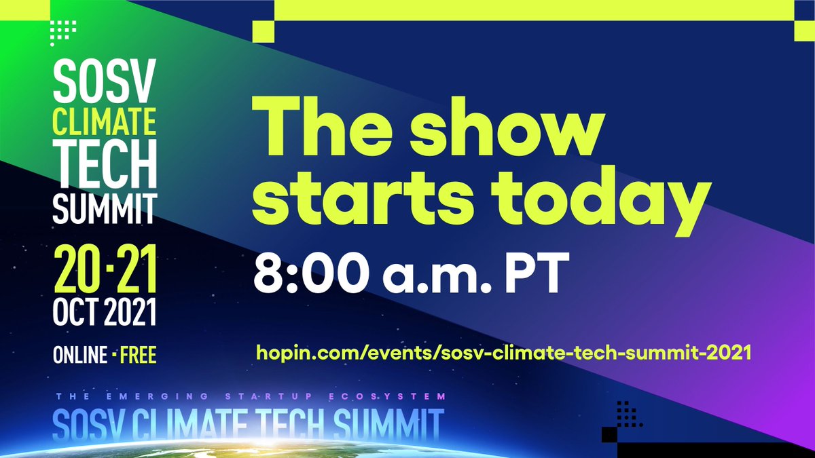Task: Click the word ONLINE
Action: point(80,355)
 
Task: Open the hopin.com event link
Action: point(503,354)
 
